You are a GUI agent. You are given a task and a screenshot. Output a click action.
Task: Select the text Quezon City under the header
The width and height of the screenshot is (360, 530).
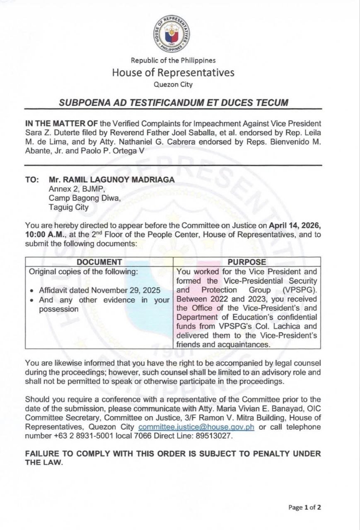[x=173, y=85]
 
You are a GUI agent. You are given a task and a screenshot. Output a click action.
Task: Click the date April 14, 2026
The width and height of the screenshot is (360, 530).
[x=295, y=226]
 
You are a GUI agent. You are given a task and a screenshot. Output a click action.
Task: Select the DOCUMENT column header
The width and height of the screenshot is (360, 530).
[x=99, y=262]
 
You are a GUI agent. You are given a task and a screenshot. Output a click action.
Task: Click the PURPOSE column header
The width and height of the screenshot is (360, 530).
[x=246, y=262]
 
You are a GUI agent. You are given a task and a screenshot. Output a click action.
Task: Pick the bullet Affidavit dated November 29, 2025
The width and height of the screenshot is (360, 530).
[x=99, y=290]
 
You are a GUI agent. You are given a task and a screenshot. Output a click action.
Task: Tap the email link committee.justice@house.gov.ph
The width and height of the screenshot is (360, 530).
[x=196, y=427]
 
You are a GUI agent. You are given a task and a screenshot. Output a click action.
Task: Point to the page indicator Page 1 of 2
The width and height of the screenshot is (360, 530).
[x=304, y=507]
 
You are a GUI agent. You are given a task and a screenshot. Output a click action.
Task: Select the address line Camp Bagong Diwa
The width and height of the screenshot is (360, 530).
[x=85, y=198]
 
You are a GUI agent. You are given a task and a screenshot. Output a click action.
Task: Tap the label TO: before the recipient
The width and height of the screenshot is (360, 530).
[x=32, y=180]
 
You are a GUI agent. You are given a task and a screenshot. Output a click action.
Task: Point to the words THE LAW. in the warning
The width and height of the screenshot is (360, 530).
[x=44, y=463]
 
